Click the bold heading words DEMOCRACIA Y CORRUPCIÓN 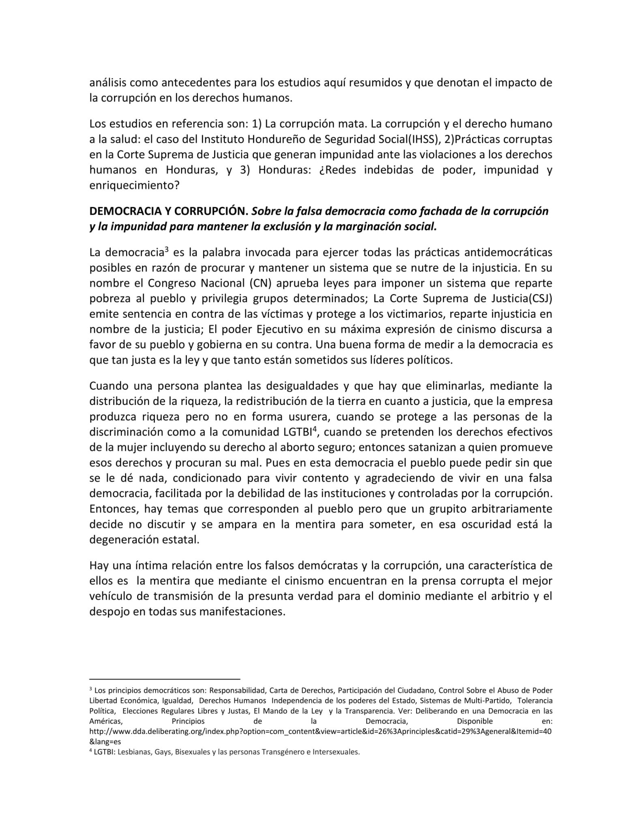[x=168, y=211]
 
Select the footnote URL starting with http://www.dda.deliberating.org [x=320, y=732]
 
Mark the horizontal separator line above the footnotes [x=165, y=678]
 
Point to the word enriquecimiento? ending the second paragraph [x=134, y=185]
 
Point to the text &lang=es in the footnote [x=105, y=742]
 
